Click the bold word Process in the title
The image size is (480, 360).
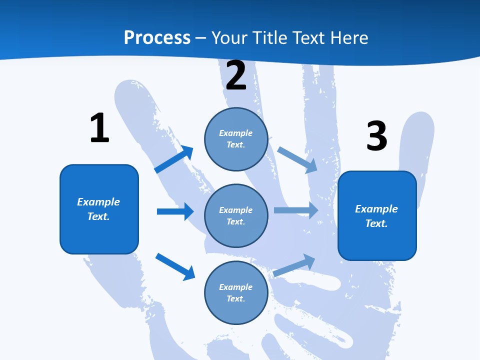pos(157,37)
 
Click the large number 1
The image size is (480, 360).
pos(99,128)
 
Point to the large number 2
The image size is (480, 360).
pos(236,75)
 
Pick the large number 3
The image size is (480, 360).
pos(376,135)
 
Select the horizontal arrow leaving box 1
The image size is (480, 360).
pos(175,211)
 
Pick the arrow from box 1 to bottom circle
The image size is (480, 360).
pos(175,266)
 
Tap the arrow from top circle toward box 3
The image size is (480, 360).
pos(297,159)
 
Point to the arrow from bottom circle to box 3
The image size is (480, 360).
pos(294,265)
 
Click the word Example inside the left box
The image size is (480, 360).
pos(98,202)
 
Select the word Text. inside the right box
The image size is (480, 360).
pos(376,223)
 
